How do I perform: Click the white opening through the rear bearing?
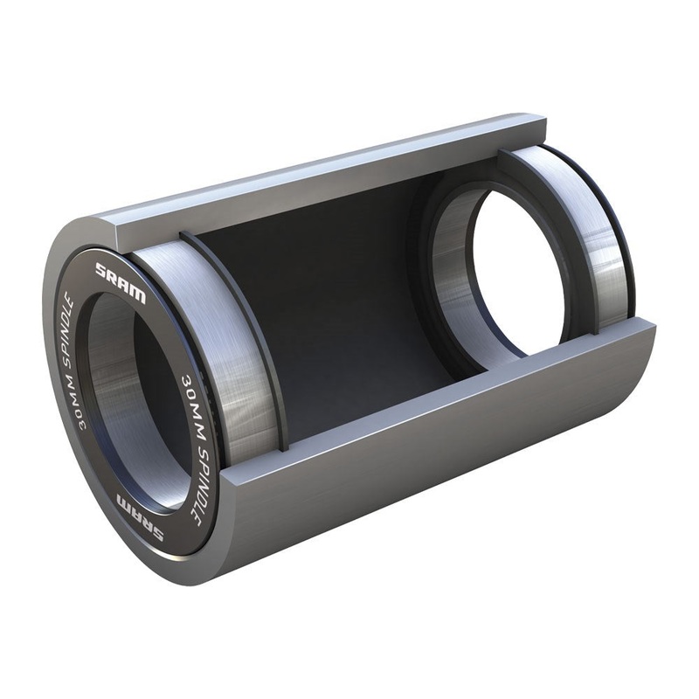pyautogui.click(x=516, y=262)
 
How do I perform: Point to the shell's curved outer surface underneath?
pyautogui.click(x=419, y=489)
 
